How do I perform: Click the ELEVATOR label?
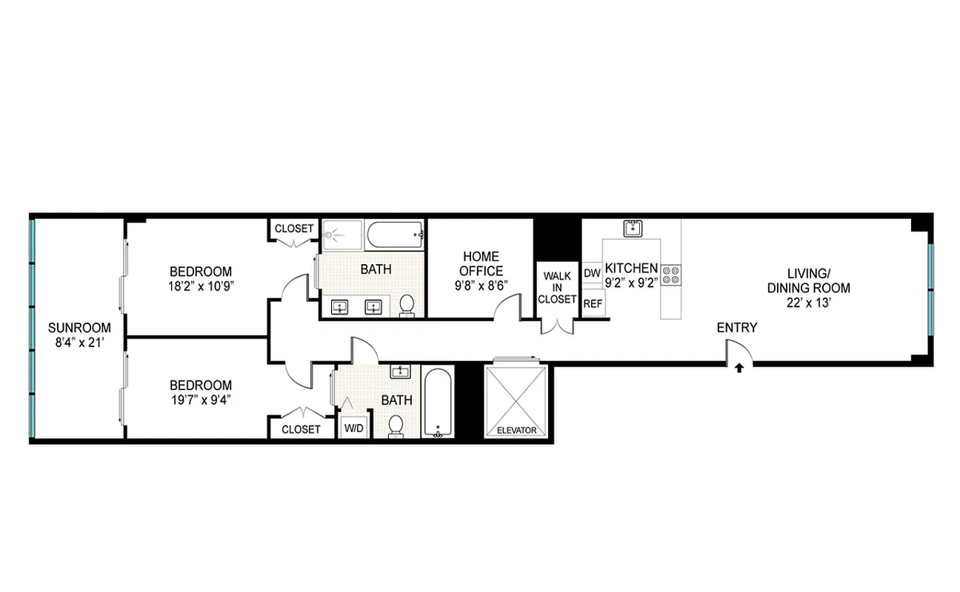point(516,430)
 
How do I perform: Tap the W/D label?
point(353,428)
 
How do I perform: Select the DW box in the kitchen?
point(592,273)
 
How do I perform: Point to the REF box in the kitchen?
point(592,303)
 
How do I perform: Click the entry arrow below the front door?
point(739,367)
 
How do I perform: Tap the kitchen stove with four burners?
point(671,275)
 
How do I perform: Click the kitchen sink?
point(633,228)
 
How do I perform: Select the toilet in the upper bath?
point(407,306)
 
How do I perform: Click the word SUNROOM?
point(79,328)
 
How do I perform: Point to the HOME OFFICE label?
point(480,263)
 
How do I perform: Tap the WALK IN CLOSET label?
point(557,287)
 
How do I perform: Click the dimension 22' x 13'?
point(808,302)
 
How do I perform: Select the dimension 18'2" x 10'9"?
point(200,285)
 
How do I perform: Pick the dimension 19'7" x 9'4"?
point(201,399)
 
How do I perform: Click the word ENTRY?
point(736,328)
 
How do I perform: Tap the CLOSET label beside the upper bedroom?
point(294,229)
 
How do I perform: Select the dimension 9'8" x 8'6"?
point(480,285)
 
